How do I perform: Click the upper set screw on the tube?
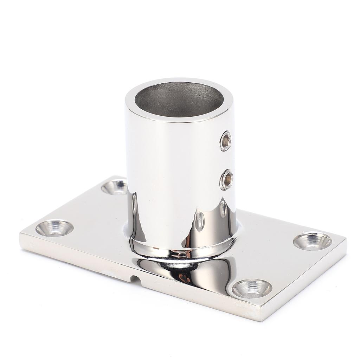coord(225,141)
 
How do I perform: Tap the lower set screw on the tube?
coord(226,180)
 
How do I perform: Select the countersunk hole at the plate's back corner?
coord(114,187)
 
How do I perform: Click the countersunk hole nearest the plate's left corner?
coord(54,228)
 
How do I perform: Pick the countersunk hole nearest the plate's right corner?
coord(312,241)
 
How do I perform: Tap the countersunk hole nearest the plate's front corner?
coord(252,288)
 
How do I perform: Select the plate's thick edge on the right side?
coord(306,281)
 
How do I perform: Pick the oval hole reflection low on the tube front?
coord(199,221)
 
